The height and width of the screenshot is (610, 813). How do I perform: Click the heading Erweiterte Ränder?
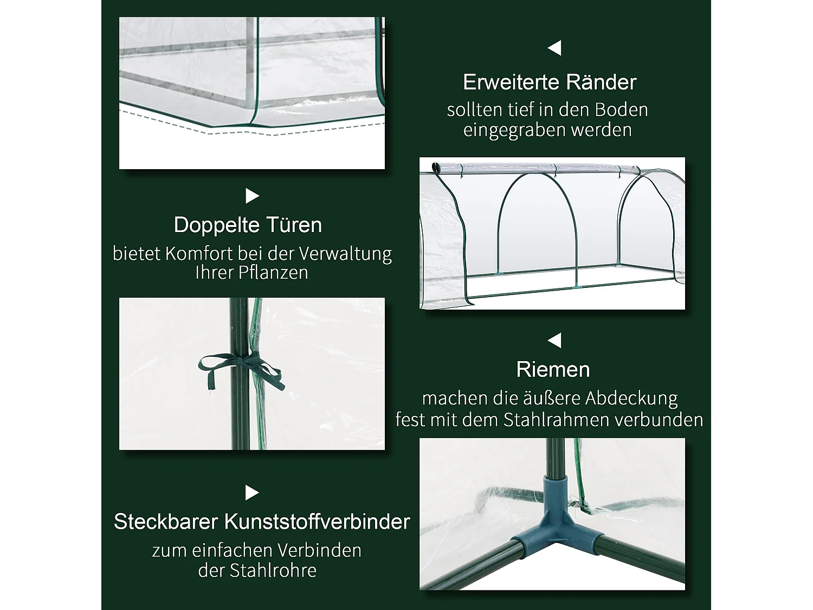coord(550,82)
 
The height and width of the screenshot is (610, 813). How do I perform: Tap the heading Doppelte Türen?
coord(248,225)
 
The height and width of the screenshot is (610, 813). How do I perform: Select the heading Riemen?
coord(553,370)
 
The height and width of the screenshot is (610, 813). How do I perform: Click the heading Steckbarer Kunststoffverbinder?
coord(262,522)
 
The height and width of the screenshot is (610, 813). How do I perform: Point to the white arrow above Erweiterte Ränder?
coord(554,48)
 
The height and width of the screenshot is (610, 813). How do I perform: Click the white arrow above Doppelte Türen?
coord(252,196)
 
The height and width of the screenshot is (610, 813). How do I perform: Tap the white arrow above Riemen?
coord(554,341)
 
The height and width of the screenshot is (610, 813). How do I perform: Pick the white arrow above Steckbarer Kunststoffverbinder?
coord(252,493)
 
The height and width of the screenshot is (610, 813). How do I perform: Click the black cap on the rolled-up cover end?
coord(435,166)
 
